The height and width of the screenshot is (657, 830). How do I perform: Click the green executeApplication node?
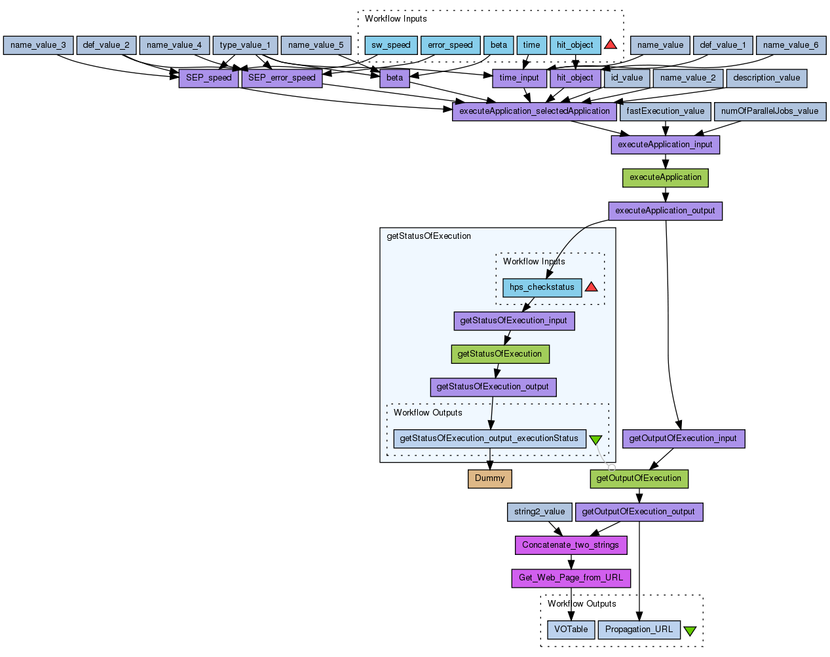[665, 177]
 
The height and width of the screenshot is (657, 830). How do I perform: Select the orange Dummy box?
[489, 478]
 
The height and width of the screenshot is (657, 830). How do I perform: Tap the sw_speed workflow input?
[390, 45]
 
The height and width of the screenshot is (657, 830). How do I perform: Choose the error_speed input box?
[450, 45]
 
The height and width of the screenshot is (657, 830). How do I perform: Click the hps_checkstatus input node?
[541, 287]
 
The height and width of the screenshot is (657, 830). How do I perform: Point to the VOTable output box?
[571, 630]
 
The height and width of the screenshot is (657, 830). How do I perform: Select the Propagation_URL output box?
[639, 630]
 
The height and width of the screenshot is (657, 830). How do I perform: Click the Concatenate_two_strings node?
[570, 545]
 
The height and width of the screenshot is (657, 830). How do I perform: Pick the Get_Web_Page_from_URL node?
[571, 578]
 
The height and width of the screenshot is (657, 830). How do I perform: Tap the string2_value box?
[539, 512]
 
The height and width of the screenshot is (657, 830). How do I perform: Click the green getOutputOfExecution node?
[639, 478]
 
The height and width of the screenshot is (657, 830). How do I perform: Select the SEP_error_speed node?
[282, 78]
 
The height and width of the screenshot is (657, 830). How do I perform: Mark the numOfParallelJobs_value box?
[769, 111]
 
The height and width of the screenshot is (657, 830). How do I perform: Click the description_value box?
[766, 78]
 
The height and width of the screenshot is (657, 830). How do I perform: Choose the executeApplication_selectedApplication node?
[534, 111]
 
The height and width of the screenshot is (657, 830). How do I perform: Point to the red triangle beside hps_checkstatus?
[591, 287]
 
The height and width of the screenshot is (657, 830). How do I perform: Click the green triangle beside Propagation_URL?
[690, 631]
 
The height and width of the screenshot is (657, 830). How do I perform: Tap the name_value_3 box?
[38, 45]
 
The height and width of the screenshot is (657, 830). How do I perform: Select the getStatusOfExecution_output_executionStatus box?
[489, 438]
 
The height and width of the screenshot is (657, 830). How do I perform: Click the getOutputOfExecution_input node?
[683, 438]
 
